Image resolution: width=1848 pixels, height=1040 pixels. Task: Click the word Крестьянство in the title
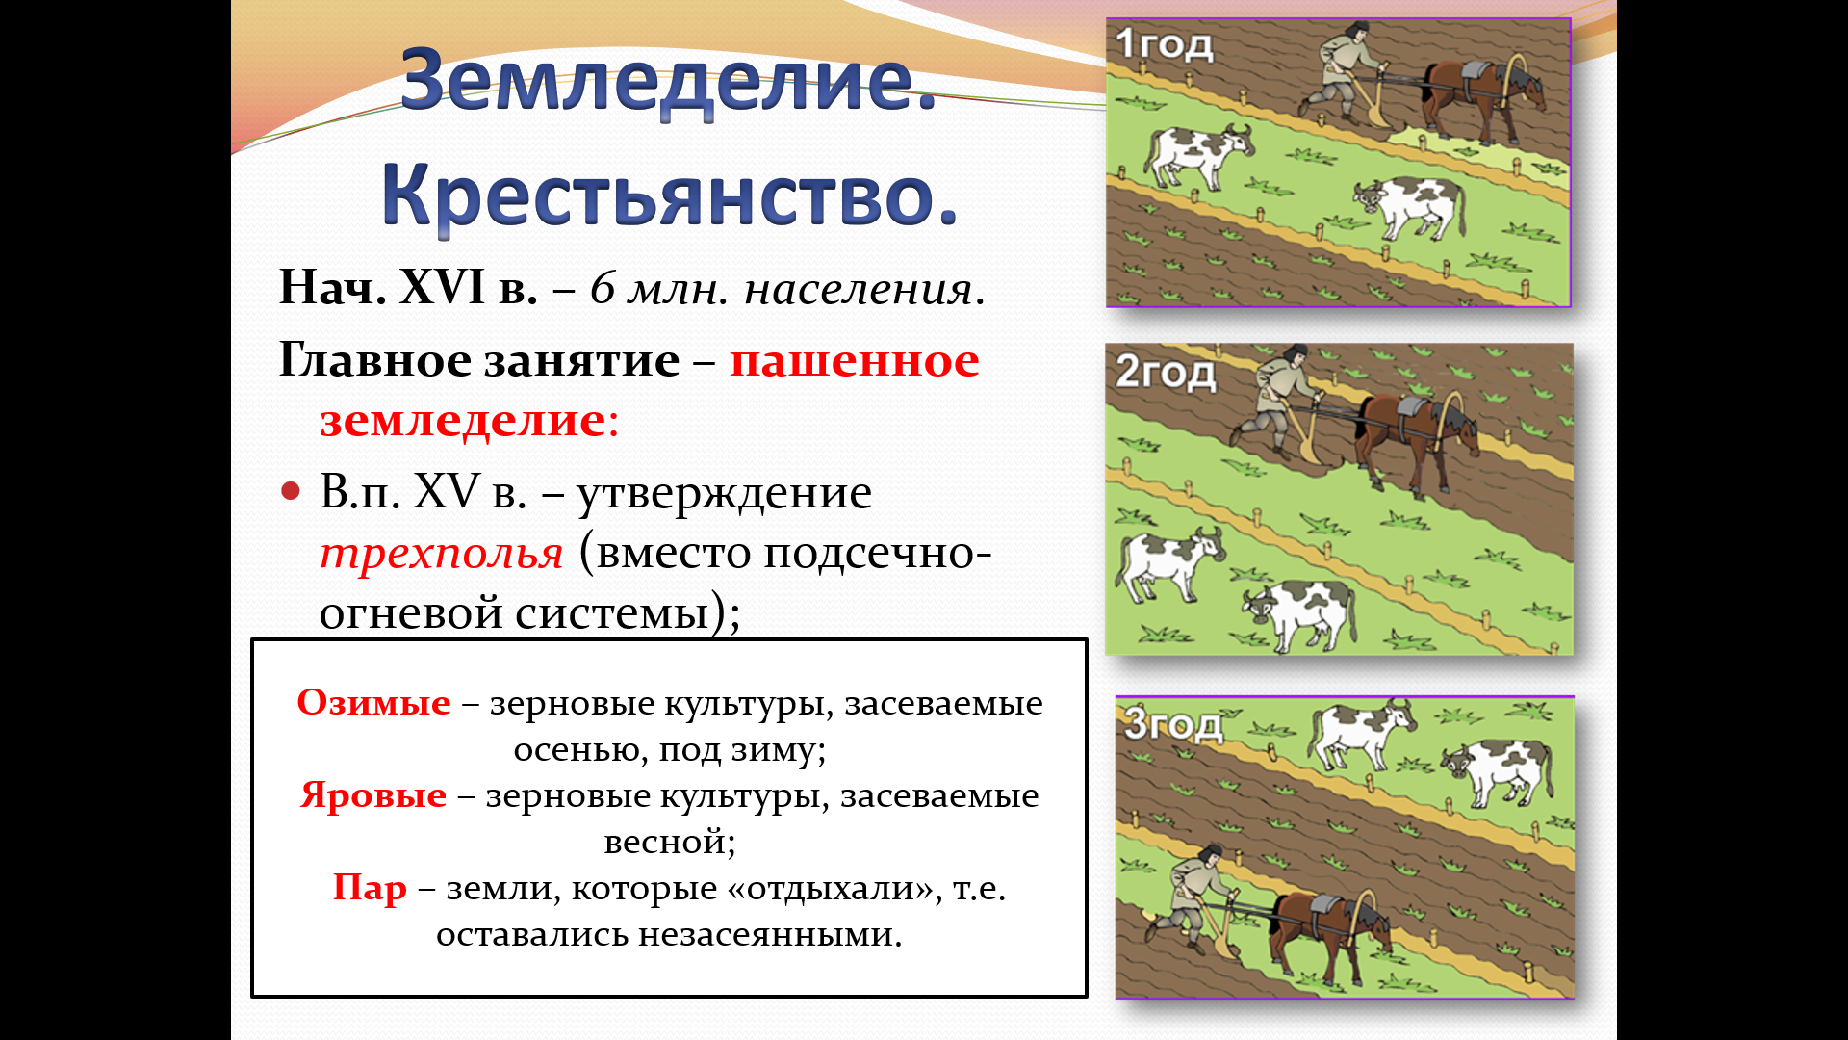pyautogui.click(x=657, y=195)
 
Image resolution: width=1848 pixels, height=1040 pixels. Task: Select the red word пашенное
pyautogui.click(x=855, y=361)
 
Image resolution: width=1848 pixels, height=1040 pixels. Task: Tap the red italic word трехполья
pyautogui.click(x=441, y=553)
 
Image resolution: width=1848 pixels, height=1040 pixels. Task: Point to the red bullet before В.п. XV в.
pyautogui.click(x=291, y=492)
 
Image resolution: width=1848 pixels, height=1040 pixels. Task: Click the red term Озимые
pyautogui.click(x=373, y=702)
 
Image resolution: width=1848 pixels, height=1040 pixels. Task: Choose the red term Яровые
pyautogui.click(x=373, y=795)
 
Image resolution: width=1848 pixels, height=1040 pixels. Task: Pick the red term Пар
pyautogui.click(x=370, y=887)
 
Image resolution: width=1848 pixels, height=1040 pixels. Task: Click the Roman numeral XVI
pyautogui.click(x=442, y=287)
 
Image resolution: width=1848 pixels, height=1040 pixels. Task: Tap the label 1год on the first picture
pyautogui.click(x=1165, y=44)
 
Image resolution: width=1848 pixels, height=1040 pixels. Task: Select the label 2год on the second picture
pyautogui.click(x=1166, y=373)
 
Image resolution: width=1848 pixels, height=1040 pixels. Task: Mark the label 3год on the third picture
pyautogui.click(x=1173, y=724)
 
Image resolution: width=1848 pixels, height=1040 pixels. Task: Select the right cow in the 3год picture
pyautogui.click(x=1497, y=770)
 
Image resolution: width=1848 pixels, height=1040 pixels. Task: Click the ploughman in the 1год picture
pyautogui.click(x=1345, y=73)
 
